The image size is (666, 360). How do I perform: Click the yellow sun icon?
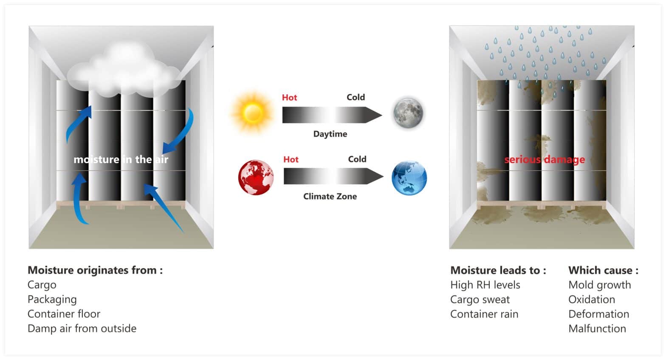click(x=252, y=113)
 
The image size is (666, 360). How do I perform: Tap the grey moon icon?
click(x=408, y=113)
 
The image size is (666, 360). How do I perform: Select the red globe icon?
click(x=256, y=177)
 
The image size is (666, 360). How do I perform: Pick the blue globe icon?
click(x=409, y=178)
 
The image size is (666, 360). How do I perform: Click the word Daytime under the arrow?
click(x=330, y=134)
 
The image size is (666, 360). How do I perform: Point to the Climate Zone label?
click(x=330, y=196)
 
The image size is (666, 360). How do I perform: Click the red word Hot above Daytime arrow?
click(x=289, y=97)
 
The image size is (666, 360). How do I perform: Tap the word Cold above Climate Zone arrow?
click(x=357, y=159)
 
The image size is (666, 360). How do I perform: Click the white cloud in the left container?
click(x=123, y=70)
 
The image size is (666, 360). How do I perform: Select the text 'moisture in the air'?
click(x=121, y=159)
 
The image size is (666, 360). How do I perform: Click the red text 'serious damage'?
click(x=545, y=159)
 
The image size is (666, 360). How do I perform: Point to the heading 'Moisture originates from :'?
click(x=95, y=270)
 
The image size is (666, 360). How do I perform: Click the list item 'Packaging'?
click(x=52, y=300)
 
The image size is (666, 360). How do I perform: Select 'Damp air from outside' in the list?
click(x=82, y=329)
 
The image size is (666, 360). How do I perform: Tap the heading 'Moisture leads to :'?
click(x=498, y=270)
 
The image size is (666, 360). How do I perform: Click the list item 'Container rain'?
click(x=484, y=314)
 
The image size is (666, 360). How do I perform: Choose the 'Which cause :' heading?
click(x=603, y=270)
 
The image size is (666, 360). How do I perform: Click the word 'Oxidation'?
click(x=592, y=300)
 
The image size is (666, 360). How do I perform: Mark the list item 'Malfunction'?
click(x=597, y=329)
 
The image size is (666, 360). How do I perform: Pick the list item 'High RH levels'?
click(x=485, y=285)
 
